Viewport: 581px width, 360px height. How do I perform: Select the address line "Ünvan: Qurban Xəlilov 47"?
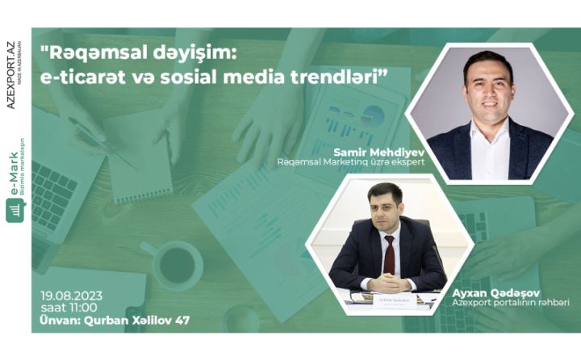[115, 321]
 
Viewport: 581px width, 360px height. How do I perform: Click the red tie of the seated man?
[390, 253]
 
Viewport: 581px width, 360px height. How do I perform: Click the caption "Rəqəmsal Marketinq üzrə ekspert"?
[350, 162]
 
